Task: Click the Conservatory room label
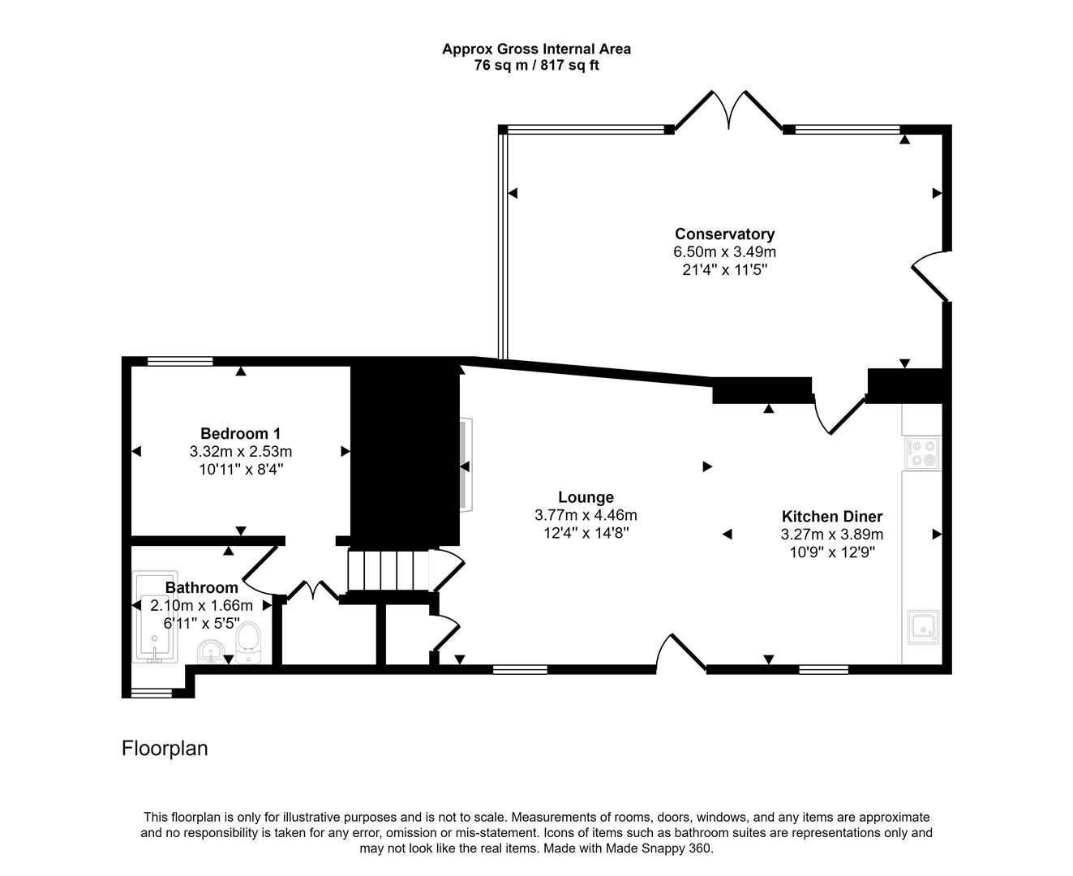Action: [x=724, y=234]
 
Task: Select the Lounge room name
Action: [x=586, y=497]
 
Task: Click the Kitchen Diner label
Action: [x=831, y=516]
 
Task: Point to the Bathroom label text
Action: [x=201, y=587]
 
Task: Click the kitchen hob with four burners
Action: [x=922, y=453]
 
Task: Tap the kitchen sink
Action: [x=922, y=625]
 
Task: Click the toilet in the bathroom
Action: [x=247, y=639]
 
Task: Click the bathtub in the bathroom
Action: [x=154, y=620]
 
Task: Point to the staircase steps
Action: [x=388, y=571]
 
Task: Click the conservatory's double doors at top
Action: [x=728, y=109]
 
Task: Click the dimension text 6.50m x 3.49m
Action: [x=724, y=252]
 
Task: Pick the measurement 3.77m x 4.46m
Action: [x=586, y=515]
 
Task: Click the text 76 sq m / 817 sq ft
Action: [x=536, y=66]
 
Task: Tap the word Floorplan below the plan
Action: [x=165, y=748]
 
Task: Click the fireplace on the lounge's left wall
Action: [x=465, y=465]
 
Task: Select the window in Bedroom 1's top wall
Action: [x=180, y=362]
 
